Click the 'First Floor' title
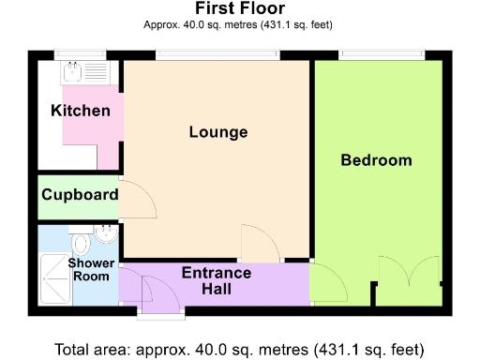click(x=240, y=9)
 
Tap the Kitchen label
click(x=80, y=112)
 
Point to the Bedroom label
click(x=376, y=160)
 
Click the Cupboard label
click(x=79, y=195)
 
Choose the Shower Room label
click(x=91, y=269)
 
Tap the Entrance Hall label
click(x=216, y=280)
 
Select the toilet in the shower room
click(x=81, y=246)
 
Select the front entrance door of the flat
click(x=151, y=291)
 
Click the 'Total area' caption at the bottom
click(x=240, y=350)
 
